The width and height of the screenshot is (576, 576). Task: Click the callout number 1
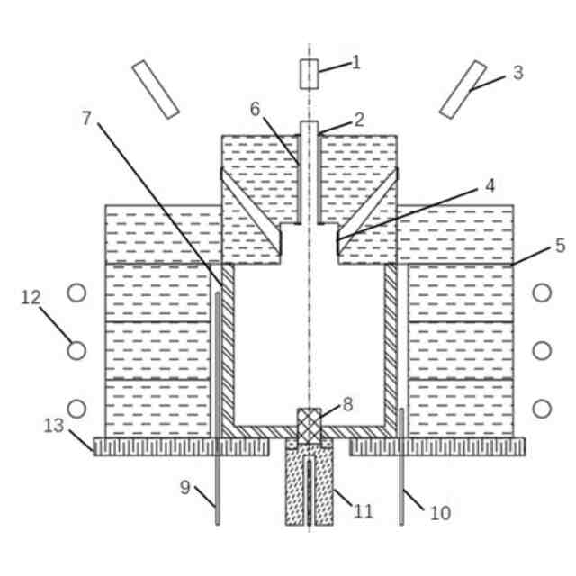pos(356,62)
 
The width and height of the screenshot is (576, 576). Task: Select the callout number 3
pos(517,73)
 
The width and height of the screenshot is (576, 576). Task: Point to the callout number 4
pos(490,186)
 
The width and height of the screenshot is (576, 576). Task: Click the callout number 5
pos(560,244)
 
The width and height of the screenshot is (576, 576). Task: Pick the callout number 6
pos(255,109)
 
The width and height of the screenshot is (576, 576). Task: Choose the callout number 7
pos(86,118)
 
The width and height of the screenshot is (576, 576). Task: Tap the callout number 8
pos(347,404)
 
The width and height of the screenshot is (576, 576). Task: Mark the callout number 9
pos(184,488)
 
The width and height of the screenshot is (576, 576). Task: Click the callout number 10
pos(440,513)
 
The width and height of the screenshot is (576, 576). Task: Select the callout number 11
pos(363,511)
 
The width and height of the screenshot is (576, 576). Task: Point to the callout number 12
pos(31,297)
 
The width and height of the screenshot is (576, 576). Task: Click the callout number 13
pos(54,426)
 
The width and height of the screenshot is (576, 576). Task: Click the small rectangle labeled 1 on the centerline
pos(309,74)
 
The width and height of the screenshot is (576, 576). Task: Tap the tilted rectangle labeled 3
pos(463,89)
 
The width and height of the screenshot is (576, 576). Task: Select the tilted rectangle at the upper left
pos(155,89)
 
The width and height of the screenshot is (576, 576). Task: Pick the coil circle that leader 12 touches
pos(77,350)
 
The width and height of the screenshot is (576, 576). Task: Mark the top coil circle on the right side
pos(542,292)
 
